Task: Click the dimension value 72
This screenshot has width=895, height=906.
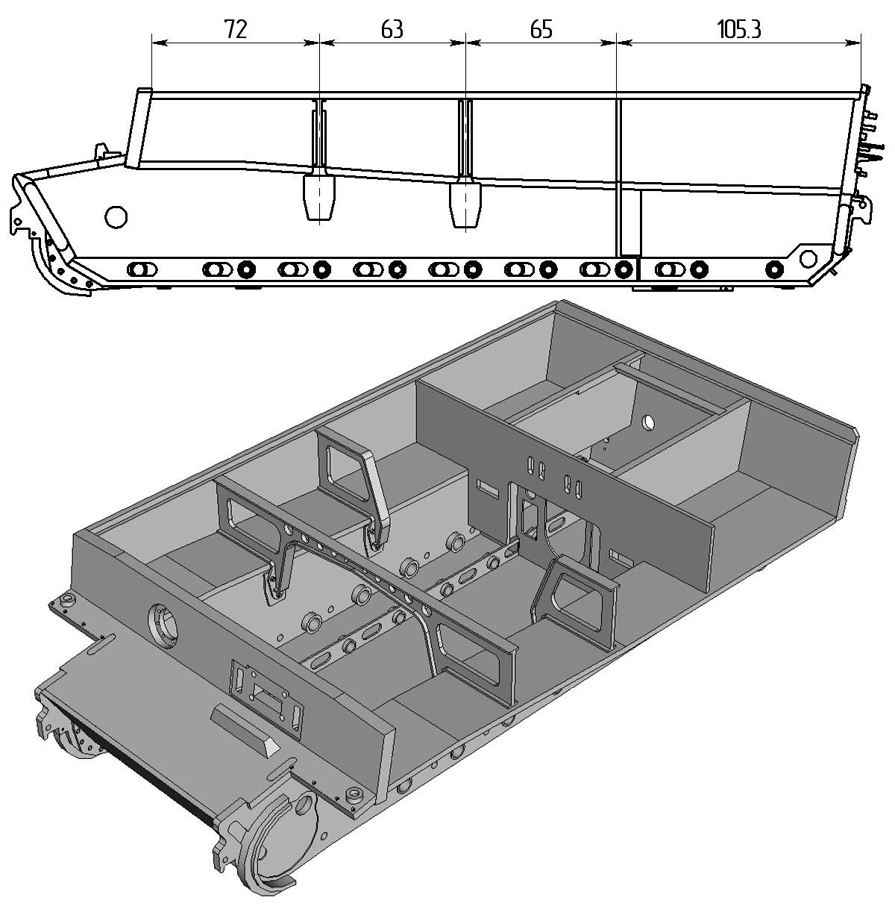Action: [x=235, y=29]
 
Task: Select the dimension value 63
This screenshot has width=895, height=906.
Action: [x=392, y=29]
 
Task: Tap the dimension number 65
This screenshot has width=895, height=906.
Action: [x=541, y=29]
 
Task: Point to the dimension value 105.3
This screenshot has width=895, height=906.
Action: [x=739, y=29]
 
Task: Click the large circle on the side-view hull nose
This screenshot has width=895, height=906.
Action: [x=116, y=216]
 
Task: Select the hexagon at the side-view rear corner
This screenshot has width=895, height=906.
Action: [x=807, y=258]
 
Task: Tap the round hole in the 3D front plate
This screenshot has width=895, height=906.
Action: [x=163, y=628]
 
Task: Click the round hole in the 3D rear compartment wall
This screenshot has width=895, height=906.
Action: [x=649, y=422]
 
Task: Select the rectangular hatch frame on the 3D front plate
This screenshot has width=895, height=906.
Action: [x=266, y=695]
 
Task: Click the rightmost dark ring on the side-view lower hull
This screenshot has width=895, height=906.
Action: [x=774, y=270]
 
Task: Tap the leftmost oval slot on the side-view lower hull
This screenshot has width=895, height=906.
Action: [x=142, y=270]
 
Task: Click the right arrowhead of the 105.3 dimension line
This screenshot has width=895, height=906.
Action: [x=854, y=43]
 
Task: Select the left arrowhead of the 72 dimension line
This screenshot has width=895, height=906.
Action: [x=160, y=43]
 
